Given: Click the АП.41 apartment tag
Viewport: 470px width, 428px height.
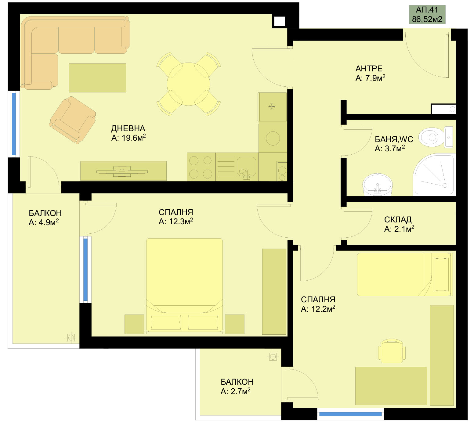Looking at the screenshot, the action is point(427,14).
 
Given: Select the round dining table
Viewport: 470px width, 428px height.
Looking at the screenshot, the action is point(189,84).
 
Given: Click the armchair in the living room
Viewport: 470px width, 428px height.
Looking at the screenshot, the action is point(73,120).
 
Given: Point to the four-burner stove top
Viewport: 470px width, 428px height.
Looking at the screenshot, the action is point(201,167).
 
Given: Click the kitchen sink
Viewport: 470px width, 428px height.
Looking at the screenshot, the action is point(246,167).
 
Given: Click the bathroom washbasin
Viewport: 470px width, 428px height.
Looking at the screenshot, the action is point(378,185).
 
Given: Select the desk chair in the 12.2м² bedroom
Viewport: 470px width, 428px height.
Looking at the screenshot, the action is point(392,351).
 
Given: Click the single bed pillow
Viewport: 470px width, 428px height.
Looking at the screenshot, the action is point(441,274).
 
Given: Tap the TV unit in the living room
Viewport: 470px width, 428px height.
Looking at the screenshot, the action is point(123,171).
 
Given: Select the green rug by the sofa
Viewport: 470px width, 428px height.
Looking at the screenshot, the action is point(97,78).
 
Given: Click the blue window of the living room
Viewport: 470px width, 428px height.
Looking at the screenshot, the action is point(14,124).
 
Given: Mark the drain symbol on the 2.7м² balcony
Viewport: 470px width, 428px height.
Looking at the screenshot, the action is point(273,356).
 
